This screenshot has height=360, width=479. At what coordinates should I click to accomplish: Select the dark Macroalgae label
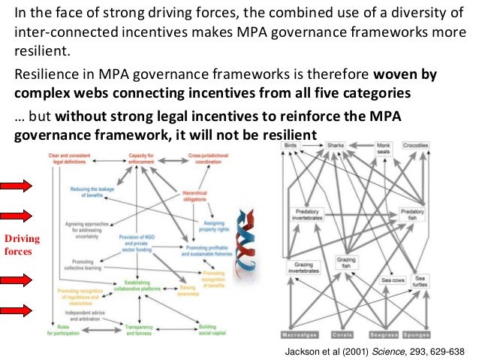point(300,334)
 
